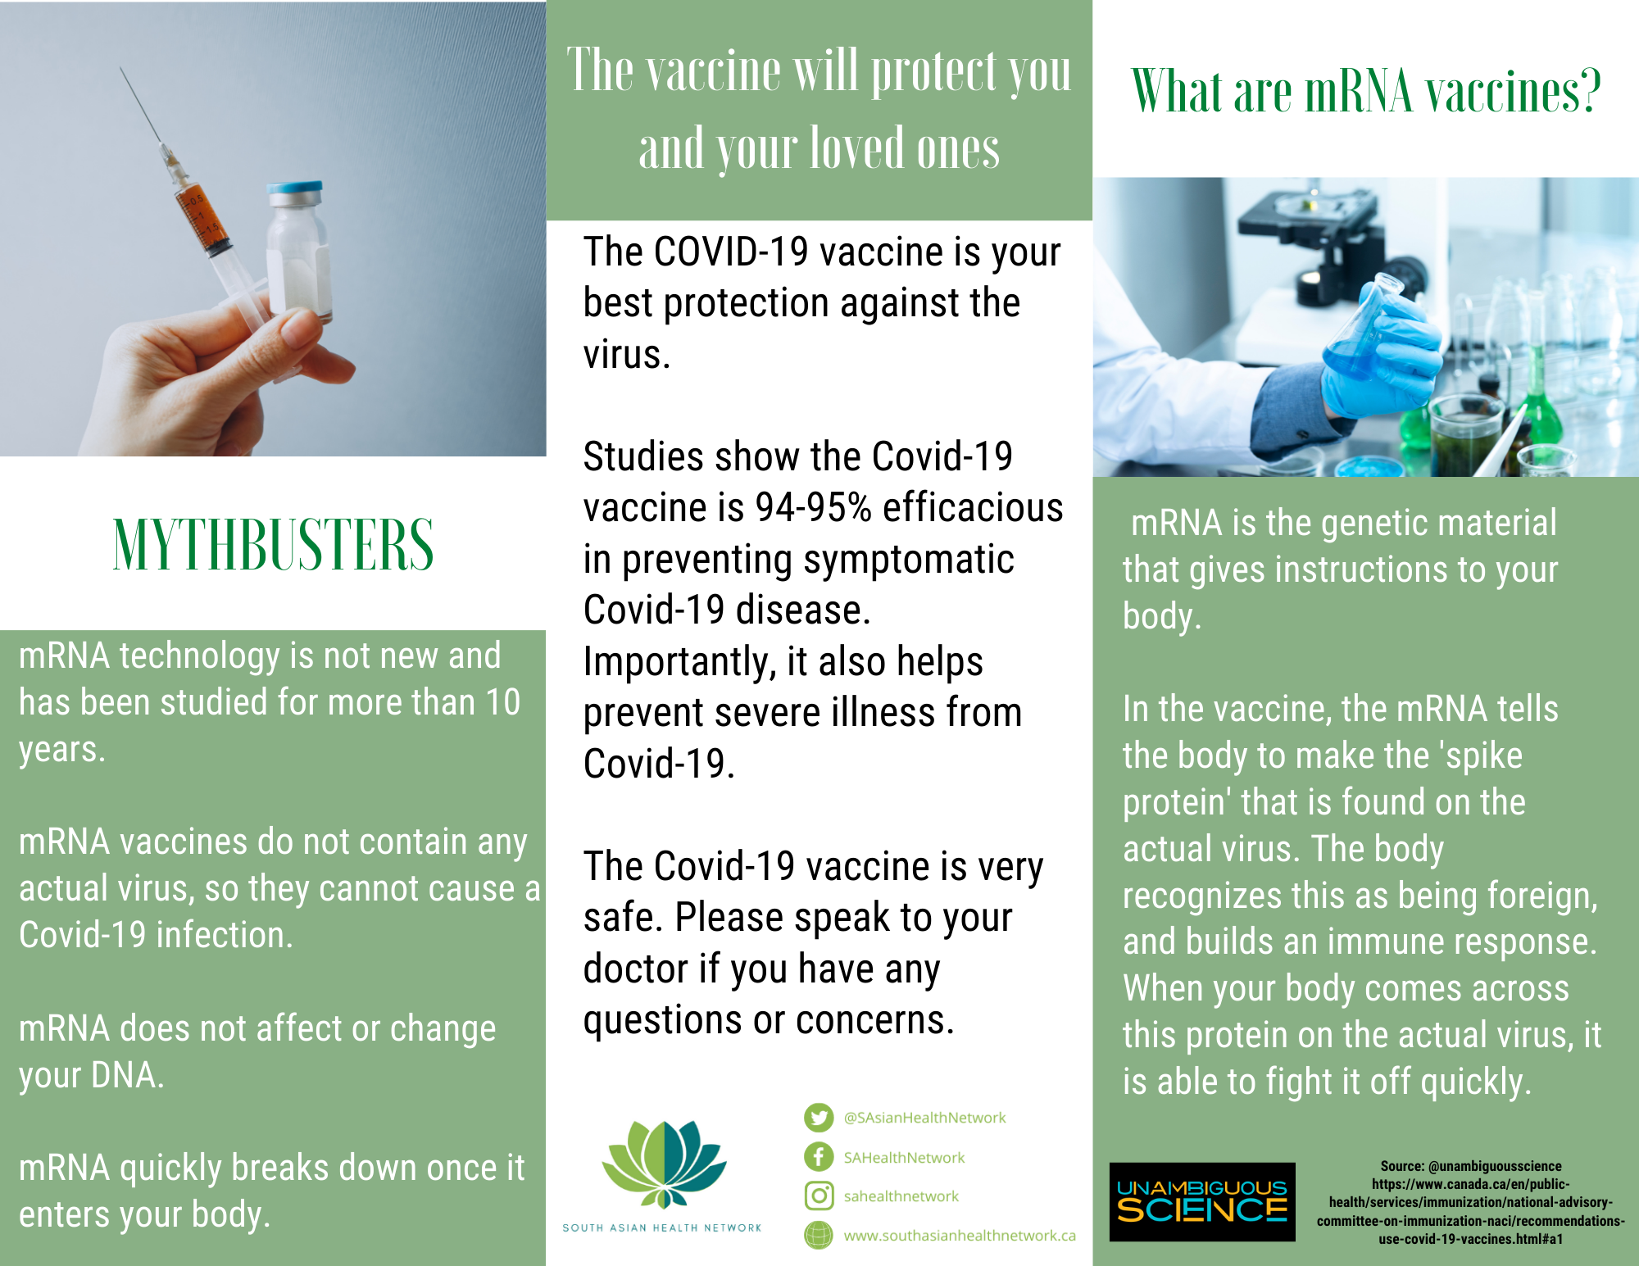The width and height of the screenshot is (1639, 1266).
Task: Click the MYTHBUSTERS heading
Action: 273,544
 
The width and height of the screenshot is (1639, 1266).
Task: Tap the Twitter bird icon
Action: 818,1118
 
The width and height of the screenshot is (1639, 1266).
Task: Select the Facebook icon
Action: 818,1157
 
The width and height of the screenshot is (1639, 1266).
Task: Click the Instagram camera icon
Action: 818,1196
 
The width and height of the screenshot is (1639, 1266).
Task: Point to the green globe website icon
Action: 818,1236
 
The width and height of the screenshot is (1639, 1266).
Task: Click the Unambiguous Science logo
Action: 1202,1201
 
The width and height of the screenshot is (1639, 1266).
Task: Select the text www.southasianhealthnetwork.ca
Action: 960,1236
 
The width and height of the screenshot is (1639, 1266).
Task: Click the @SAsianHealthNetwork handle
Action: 924,1118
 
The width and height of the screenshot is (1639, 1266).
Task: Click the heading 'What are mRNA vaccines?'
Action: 1366,91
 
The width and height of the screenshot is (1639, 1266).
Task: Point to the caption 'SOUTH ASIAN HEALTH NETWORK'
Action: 662,1227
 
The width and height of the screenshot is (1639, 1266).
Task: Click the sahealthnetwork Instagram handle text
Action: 901,1196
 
